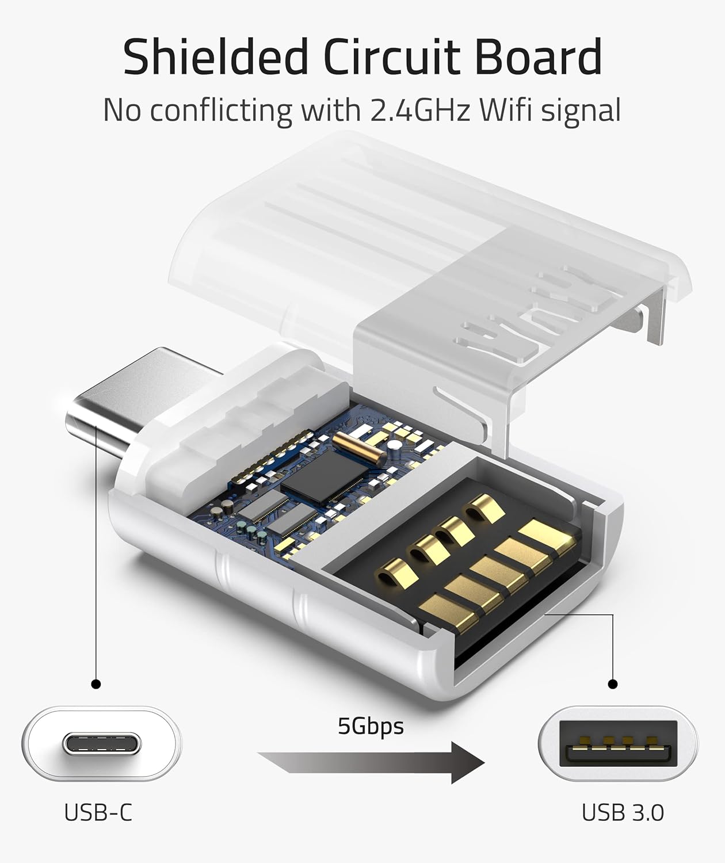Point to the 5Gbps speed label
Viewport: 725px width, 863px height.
point(371,726)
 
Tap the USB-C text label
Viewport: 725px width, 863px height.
point(98,812)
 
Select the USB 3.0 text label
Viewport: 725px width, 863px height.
point(623,812)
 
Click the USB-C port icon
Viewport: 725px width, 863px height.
point(102,743)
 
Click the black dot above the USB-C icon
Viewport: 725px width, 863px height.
point(96,684)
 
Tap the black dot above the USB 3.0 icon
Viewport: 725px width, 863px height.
point(613,684)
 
